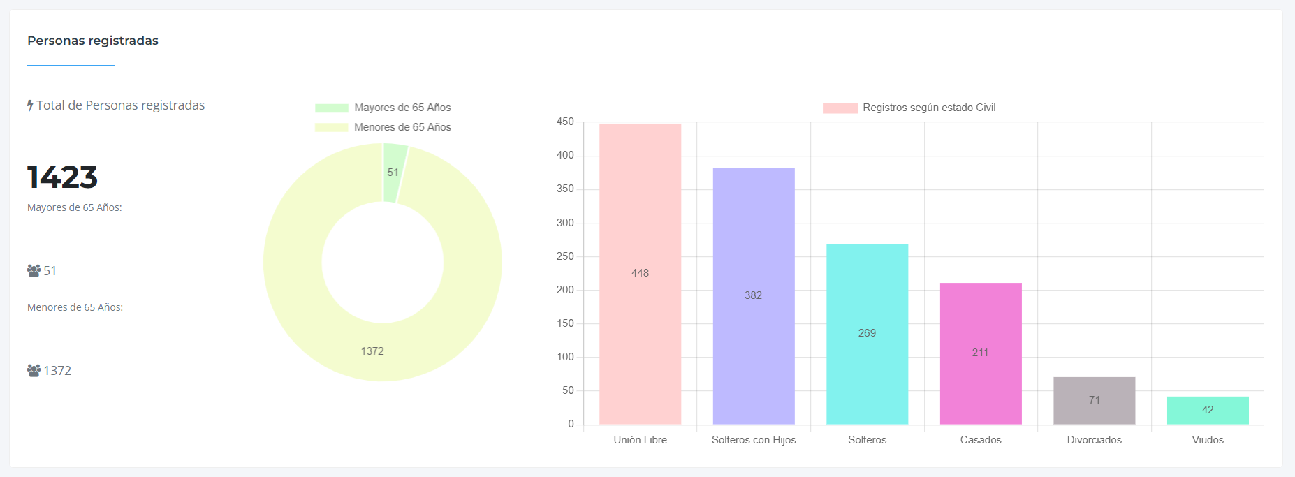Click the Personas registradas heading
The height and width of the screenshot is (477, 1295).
pos(93,41)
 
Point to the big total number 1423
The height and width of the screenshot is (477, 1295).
pos(62,177)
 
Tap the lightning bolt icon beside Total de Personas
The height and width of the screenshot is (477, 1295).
pos(30,105)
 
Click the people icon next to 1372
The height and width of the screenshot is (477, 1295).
pos(34,370)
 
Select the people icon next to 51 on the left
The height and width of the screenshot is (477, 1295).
pos(34,270)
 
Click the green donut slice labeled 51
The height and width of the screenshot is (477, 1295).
pos(394,172)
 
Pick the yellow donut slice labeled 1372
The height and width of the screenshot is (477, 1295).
pos(372,351)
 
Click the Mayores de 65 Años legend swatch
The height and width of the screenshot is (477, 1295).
pos(331,108)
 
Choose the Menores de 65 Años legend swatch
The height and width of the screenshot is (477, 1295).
pos(331,127)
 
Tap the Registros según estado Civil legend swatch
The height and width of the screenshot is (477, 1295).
pos(840,108)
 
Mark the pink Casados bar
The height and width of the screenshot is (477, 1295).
pos(981,353)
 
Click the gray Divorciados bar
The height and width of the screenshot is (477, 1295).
pos(1094,400)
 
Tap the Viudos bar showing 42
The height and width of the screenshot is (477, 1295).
pos(1208,410)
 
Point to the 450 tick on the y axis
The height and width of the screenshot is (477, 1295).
pos(565,122)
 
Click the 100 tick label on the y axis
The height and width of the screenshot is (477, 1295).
pos(565,357)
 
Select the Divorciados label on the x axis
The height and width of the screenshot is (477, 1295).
pos(1094,440)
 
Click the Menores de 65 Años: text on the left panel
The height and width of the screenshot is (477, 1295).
pos(75,307)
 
